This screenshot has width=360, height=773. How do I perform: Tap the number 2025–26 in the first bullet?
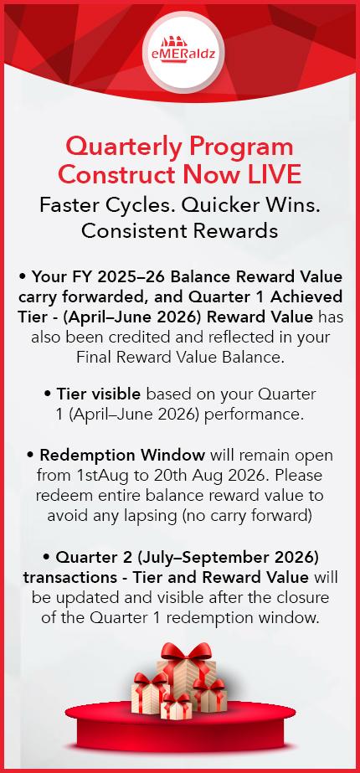(x=131, y=277)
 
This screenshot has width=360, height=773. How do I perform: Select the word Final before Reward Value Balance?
(x=93, y=357)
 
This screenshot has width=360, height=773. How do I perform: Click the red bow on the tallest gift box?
(x=186, y=652)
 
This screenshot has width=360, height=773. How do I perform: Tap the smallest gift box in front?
(x=176, y=707)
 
